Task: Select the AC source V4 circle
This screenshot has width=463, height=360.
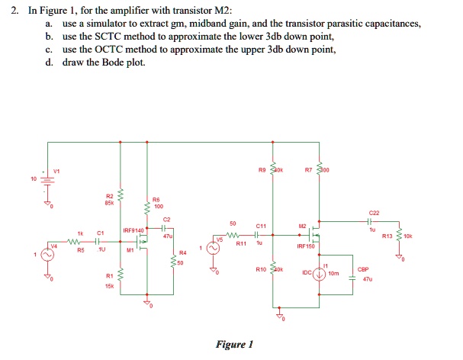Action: click(x=42, y=256)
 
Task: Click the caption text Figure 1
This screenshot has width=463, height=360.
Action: click(x=234, y=344)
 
